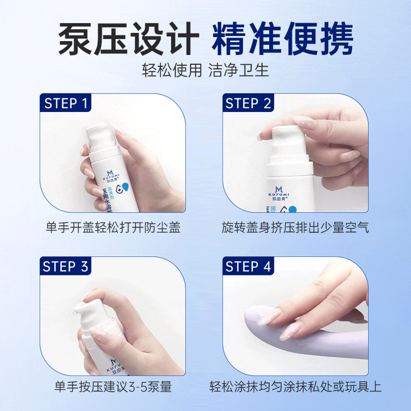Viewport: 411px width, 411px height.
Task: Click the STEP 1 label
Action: pos(66,103)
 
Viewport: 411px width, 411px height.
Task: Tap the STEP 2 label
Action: pos(248,103)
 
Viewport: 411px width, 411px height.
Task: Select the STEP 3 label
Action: pos(66,266)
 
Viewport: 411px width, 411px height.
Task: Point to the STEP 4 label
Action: pos(248,266)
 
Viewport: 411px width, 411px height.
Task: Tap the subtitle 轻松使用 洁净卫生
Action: pos(206,70)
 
